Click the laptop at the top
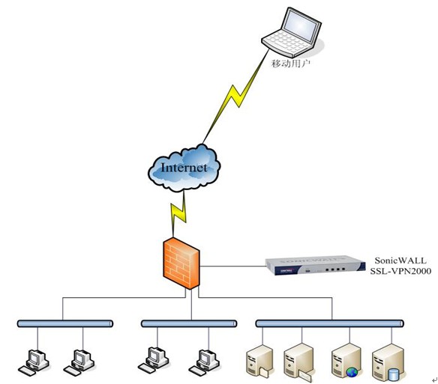pos(291,32)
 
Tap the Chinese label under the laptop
pos(291,64)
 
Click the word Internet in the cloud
pos(184,168)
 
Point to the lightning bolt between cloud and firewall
pos(178,214)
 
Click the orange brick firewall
pos(181,263)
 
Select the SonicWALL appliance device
pos(315,265)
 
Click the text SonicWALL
pos(400,260)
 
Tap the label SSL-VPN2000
pos(400,271)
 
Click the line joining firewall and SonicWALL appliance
pos(232,266)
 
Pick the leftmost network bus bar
pos(65,323)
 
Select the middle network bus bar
pos(189,323)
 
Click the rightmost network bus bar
pos(329,323)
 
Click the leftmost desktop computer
pos(34,362)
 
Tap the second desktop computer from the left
pos(79,362)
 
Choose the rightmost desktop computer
pos(204,362)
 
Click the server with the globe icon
pos(346,361)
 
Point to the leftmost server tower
pos(259,362)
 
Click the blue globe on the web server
pos(352,372)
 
